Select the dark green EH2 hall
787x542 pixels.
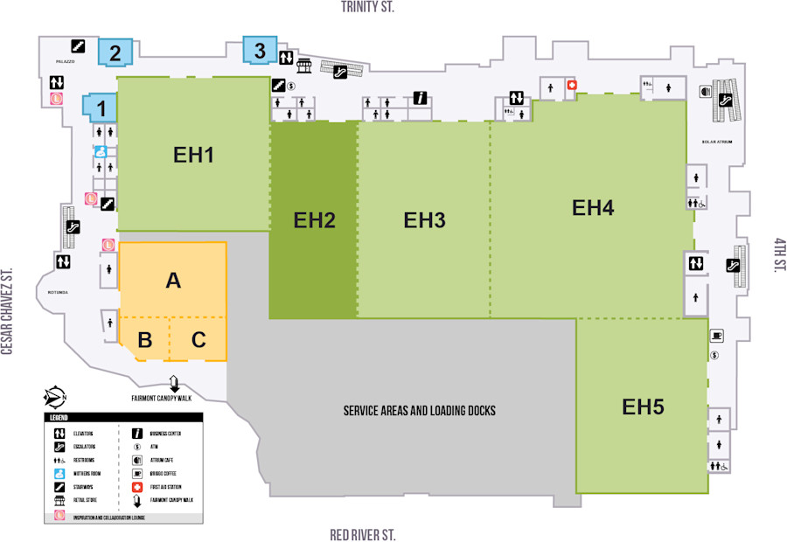[x=314, y=220]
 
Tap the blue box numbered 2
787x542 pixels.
[x=115, y=52]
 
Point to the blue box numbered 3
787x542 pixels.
[x=260, y=51]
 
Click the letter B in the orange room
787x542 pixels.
[x=145, y=340]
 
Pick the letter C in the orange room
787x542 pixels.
[x=198, y=340]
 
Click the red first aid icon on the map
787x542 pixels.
[x=573, y=86]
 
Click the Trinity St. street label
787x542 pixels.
[x=368, y=7]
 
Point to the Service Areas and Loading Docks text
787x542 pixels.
[x=407, y=410]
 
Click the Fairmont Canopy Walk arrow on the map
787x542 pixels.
[x=173, y=383]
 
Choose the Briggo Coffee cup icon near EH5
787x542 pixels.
[x=716, y=336]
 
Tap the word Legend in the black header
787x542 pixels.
[x=59, y=418]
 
